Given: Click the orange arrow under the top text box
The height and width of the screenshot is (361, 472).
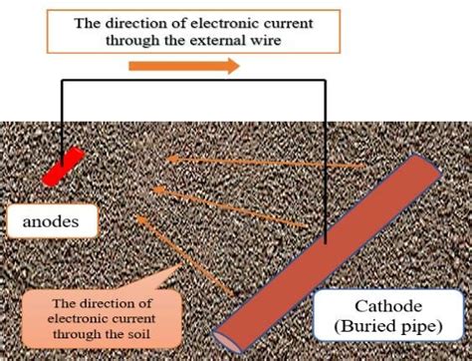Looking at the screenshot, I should click(x=183, y=67).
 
